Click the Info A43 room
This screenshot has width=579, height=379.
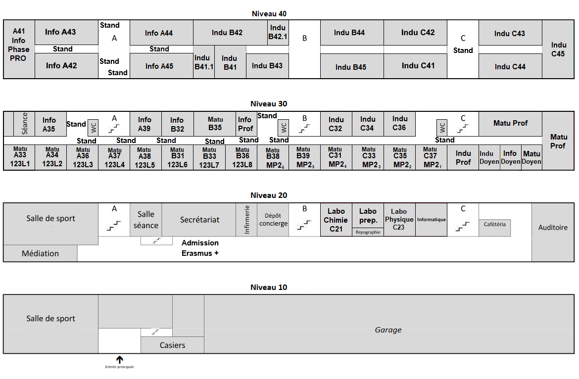66,33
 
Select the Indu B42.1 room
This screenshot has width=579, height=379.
278,33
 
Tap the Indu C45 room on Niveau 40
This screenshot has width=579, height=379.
558,49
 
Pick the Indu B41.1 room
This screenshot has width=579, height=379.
204,62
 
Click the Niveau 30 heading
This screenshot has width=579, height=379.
269,104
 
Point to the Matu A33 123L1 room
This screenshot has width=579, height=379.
20,157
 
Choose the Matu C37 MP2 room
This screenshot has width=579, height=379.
432,157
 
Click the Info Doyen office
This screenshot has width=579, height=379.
510,157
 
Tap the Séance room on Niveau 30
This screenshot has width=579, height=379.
24,124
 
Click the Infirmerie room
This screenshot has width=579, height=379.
246,220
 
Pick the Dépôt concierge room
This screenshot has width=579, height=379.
273,220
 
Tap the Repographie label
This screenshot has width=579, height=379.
368,232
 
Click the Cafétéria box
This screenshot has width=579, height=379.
495,228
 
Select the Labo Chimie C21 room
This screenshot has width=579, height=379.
336,220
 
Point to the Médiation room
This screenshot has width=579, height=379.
40,253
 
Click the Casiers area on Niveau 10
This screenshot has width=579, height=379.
172,345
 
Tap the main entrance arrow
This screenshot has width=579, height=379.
120,359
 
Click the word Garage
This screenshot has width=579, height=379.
388,330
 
